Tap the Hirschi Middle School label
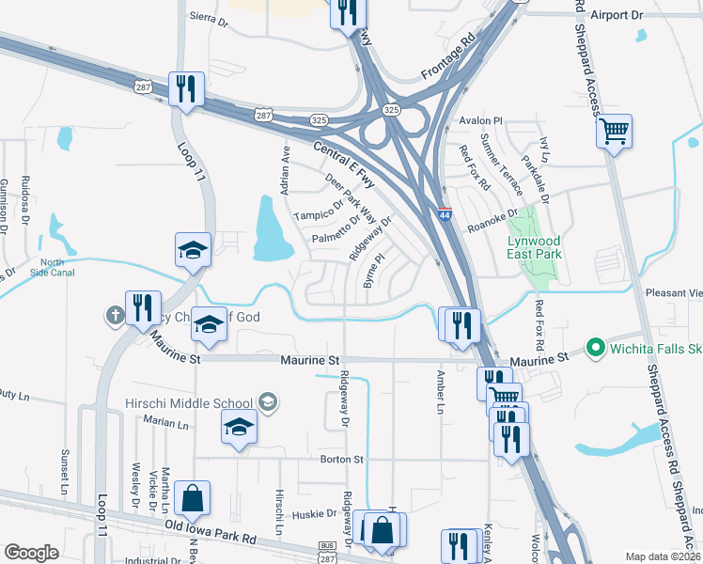click(189, 403)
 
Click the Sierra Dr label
click(210, 16)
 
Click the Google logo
click(31, 553)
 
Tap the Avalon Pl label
click(483, 121)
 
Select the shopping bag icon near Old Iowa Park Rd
click(192, 499)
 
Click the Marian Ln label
click(168, 424)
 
